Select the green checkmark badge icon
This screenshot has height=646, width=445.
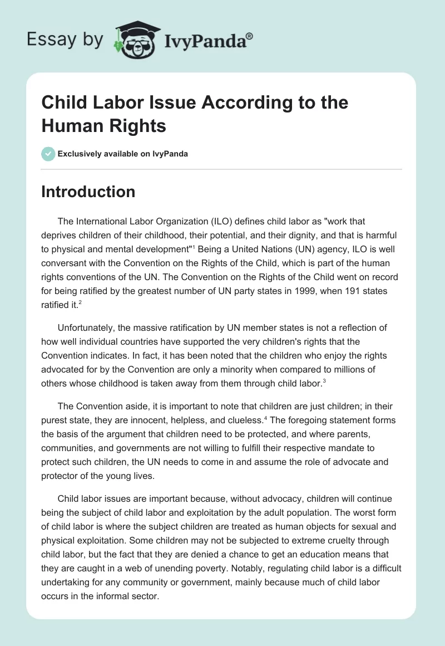48,154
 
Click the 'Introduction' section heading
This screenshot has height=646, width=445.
88,192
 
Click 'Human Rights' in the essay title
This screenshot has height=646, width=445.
103,126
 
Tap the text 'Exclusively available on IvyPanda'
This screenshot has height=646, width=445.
123,154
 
